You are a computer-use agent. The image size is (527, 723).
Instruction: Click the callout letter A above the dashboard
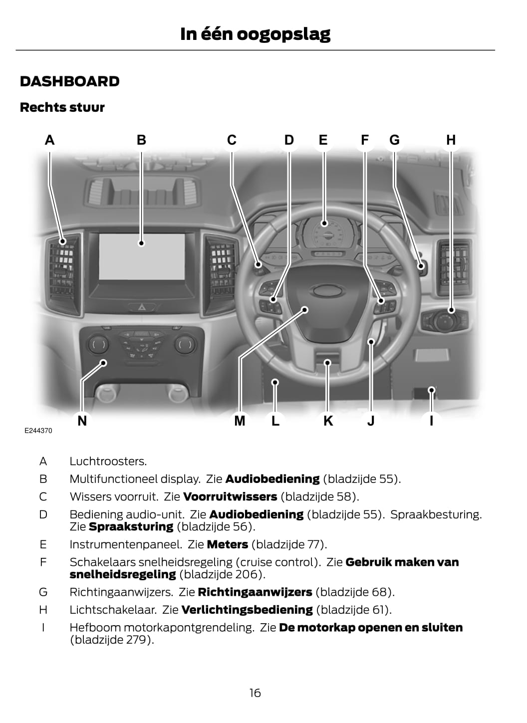(49, 140)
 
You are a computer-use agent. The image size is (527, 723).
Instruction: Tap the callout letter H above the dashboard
(451, 140)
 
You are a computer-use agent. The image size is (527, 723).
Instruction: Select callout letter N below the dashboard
(82, 421)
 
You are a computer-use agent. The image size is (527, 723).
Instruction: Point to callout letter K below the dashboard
(328, 421)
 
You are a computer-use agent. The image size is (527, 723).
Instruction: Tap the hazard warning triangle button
(142, 308)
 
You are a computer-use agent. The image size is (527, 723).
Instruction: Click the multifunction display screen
(142, 256)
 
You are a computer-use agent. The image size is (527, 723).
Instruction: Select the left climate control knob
(98, 344)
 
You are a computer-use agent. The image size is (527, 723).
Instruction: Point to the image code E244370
(38, 431)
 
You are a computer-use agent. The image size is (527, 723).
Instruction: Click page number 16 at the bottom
(255, 693)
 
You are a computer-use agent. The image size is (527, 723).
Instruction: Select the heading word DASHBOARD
(70, 82)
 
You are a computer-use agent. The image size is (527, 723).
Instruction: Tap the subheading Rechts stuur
(62, 108)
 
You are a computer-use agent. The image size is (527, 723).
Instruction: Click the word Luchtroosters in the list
(108, 462)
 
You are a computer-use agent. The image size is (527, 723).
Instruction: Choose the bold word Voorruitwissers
(230, 497)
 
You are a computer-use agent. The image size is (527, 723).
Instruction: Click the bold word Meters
(227, 544)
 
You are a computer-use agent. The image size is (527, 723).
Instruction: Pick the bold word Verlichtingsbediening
(247, 610)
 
